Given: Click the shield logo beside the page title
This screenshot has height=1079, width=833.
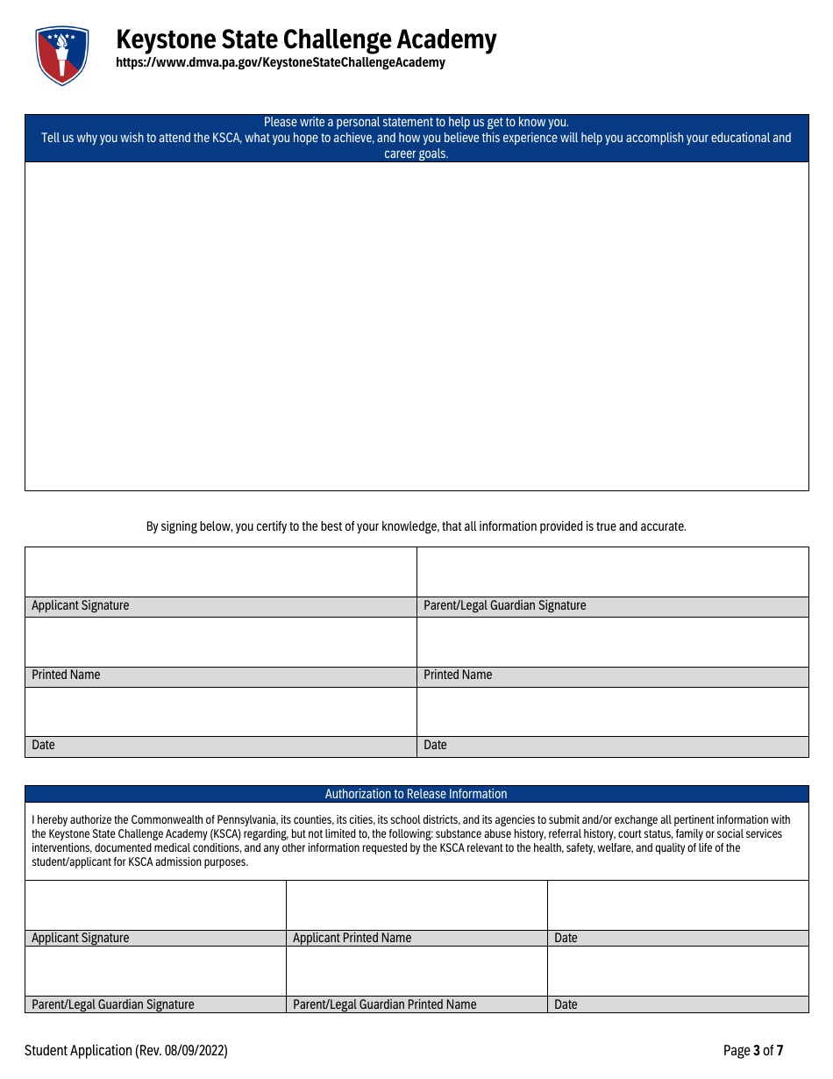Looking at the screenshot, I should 62,54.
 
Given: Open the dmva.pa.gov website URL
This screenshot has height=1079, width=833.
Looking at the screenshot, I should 281,63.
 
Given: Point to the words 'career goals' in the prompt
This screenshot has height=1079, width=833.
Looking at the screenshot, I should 416,154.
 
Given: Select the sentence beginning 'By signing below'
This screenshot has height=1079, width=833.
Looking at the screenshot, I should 416,526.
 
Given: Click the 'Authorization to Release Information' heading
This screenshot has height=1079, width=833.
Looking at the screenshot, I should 416,794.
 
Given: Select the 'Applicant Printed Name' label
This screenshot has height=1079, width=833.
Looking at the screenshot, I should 352,938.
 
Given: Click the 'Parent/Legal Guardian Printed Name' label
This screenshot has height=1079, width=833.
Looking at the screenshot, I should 384,1004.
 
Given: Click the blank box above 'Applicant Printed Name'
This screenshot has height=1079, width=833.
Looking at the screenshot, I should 416,905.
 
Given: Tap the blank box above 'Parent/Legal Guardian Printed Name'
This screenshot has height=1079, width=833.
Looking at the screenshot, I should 416,971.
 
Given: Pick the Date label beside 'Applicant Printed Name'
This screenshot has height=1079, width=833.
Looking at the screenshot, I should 566,938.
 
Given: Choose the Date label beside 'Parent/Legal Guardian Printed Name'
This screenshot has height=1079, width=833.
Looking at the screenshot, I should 566,1004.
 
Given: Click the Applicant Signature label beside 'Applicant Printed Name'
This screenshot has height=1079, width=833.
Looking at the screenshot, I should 80,938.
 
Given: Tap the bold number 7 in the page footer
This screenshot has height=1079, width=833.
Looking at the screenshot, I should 780,1051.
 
